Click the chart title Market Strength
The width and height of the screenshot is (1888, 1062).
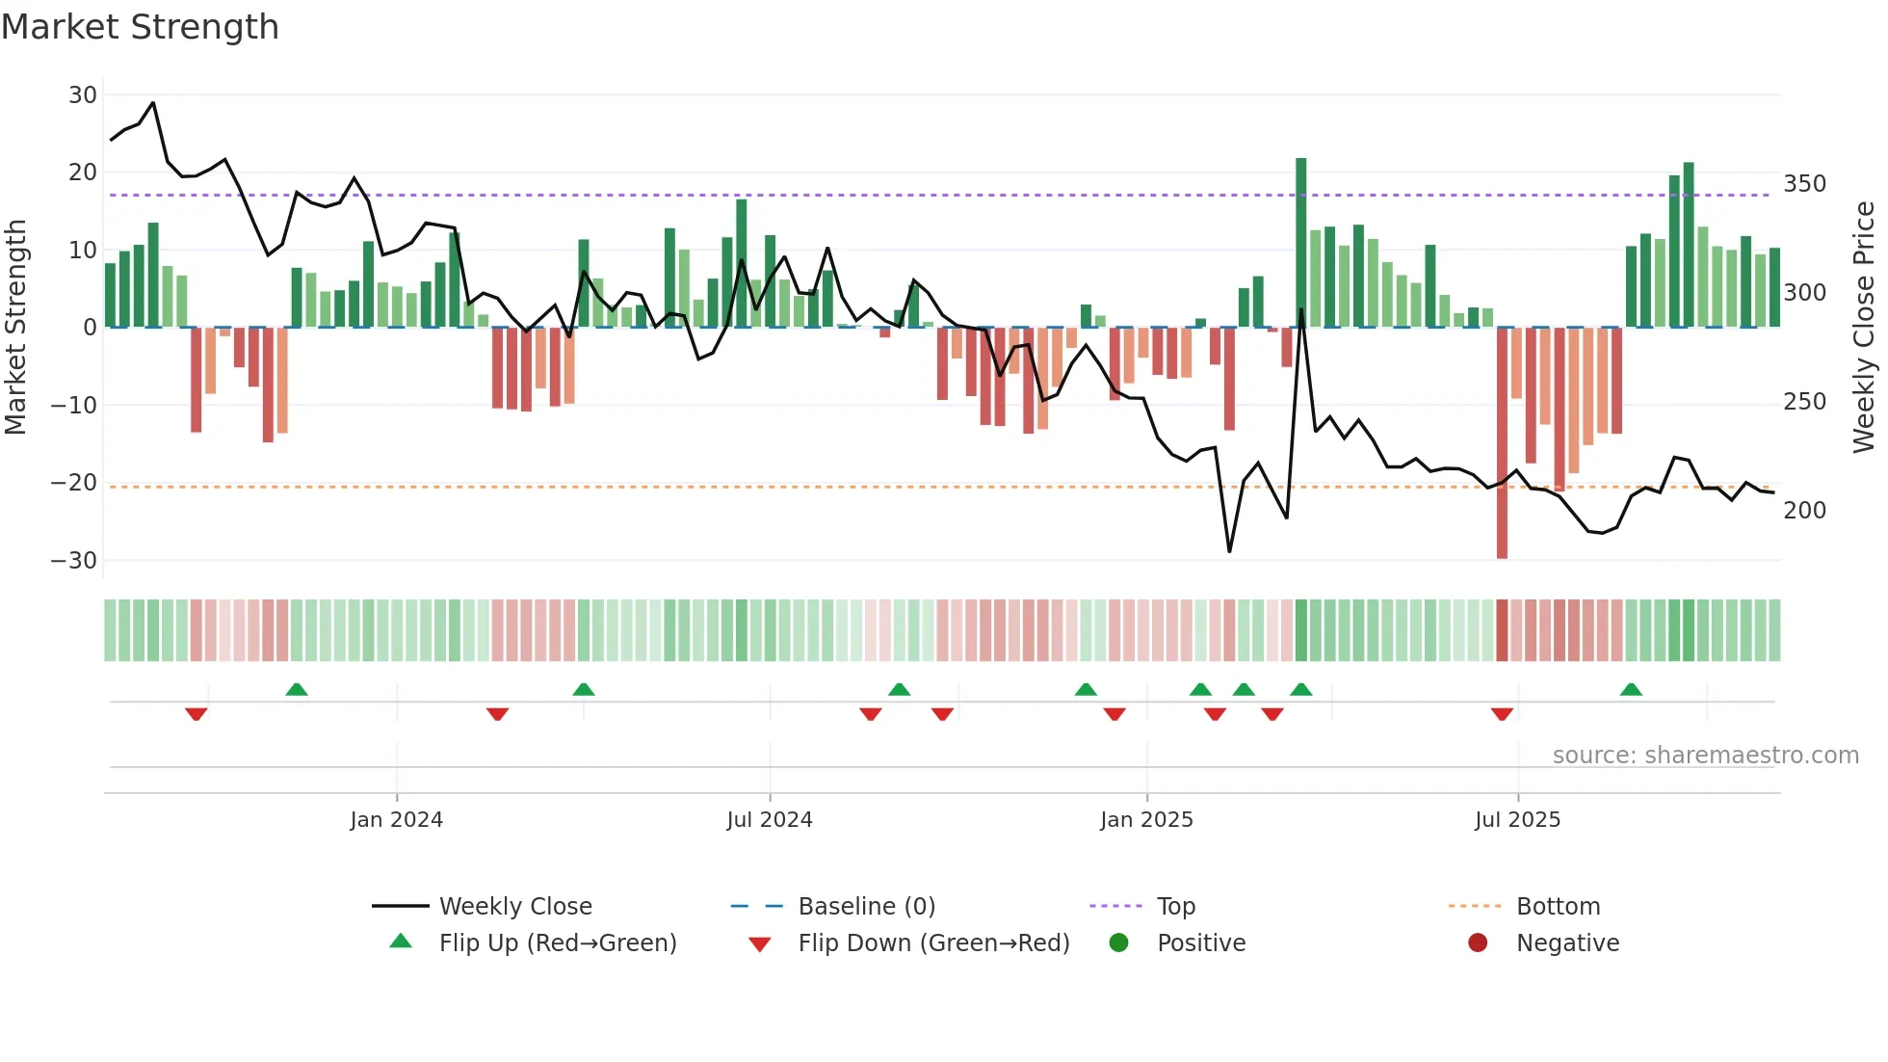(140, 27)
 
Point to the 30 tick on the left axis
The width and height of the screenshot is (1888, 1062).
(83, 95)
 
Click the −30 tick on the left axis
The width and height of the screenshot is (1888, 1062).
(74, 561)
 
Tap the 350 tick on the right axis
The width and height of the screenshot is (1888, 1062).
(1804, 184)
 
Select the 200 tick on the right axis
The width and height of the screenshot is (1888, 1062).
(1804, 511)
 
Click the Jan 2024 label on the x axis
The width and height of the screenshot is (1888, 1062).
(396, 820)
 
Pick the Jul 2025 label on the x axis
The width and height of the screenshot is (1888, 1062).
(1517, 820)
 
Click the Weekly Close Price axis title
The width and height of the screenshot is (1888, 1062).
(1864, 328)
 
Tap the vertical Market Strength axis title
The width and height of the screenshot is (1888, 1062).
(16, 328)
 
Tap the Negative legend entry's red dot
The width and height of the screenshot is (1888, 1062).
(1478, 943)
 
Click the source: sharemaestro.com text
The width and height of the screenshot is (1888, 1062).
(1705, 756)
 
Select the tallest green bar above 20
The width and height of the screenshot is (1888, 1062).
(1301, 241)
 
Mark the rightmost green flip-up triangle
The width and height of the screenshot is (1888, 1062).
(1631, 690)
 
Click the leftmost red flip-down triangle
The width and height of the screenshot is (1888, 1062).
(197, 714)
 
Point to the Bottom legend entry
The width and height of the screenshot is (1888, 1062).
(1558, 907)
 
